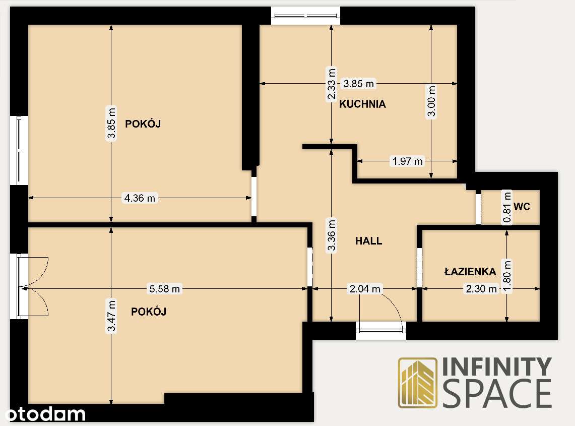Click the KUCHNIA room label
362,104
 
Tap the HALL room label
369,241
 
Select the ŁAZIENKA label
470,272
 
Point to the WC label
522,206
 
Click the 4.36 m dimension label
140,198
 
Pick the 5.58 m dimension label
164,289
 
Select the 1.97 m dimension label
407,161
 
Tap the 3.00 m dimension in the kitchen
431,101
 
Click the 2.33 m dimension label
331,84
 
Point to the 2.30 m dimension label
481,289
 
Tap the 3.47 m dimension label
111,316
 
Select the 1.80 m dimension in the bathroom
507,275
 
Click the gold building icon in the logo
418,382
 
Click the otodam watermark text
42,414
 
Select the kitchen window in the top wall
306,15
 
